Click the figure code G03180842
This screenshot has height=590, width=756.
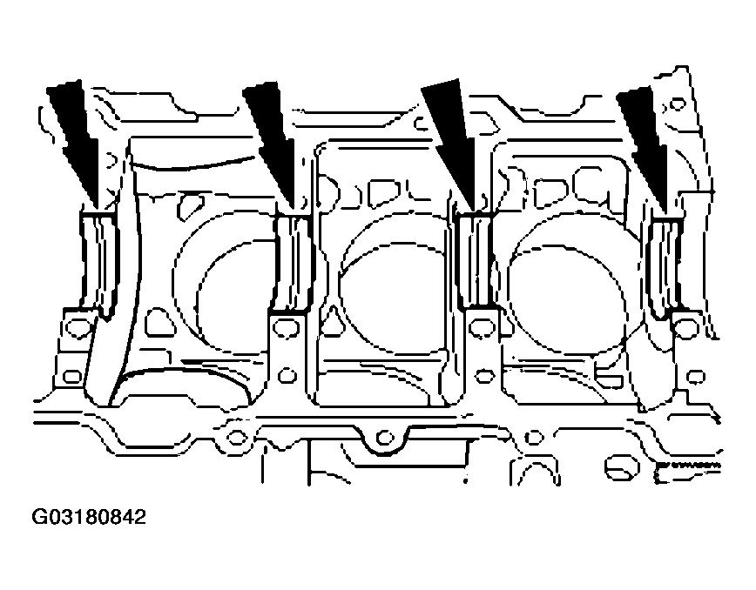(89, 517)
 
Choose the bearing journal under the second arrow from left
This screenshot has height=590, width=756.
(292, 263)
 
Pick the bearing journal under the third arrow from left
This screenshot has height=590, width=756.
(475, 260)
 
